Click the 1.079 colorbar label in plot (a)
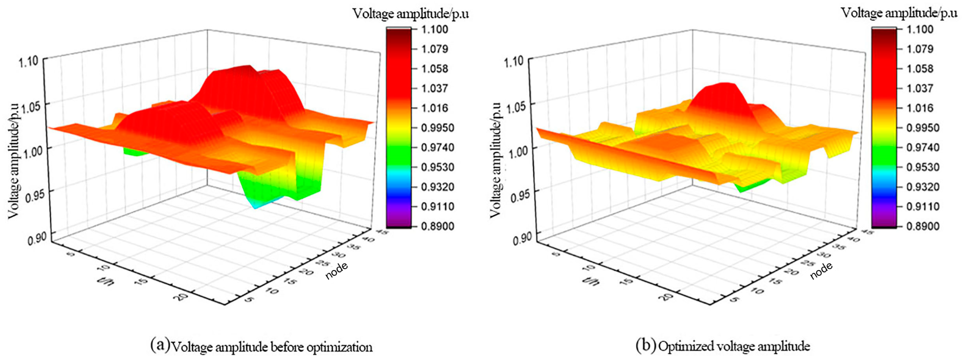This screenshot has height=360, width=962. click(434, 49)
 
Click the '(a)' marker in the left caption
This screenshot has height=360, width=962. click(160, 345)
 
